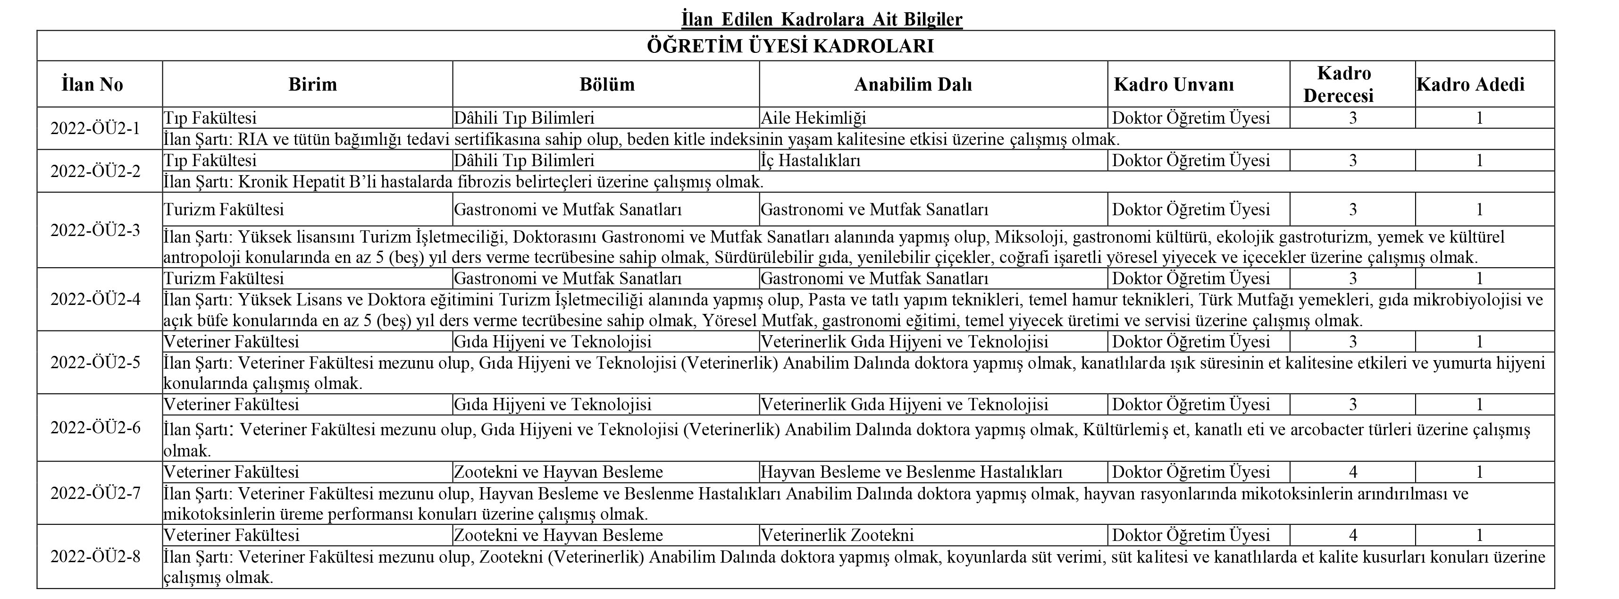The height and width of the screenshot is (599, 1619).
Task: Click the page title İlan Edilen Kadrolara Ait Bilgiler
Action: (x=822, y=19)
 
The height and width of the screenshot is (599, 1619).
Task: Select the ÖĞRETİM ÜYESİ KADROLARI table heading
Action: (x=790, y=46)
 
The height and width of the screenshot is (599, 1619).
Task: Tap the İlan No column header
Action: (x=92, y=84)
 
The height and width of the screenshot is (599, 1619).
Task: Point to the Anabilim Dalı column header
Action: (x=913, y=84)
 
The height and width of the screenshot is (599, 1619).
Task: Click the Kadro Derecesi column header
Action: (x=1344, y=84)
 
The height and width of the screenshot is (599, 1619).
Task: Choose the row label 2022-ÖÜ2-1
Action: (x=95, y=128)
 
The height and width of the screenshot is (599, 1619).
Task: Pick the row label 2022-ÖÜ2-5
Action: (x=95, y=363)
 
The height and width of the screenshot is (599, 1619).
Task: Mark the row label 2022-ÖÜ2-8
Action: (x=95, y=557)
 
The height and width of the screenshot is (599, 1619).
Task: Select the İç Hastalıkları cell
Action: (x=810, y=160)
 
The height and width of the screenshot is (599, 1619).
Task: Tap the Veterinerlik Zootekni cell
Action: (x=837, y=536)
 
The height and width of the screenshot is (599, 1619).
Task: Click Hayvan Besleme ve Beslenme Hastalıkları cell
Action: (x=911, y=472)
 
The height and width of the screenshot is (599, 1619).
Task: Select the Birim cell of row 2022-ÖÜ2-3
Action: (x=224, y=209)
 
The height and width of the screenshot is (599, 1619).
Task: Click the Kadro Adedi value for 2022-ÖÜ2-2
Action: (x=1479, y=160)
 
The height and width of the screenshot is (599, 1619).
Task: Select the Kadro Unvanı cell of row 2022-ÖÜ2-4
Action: (x=1191, y=278)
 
